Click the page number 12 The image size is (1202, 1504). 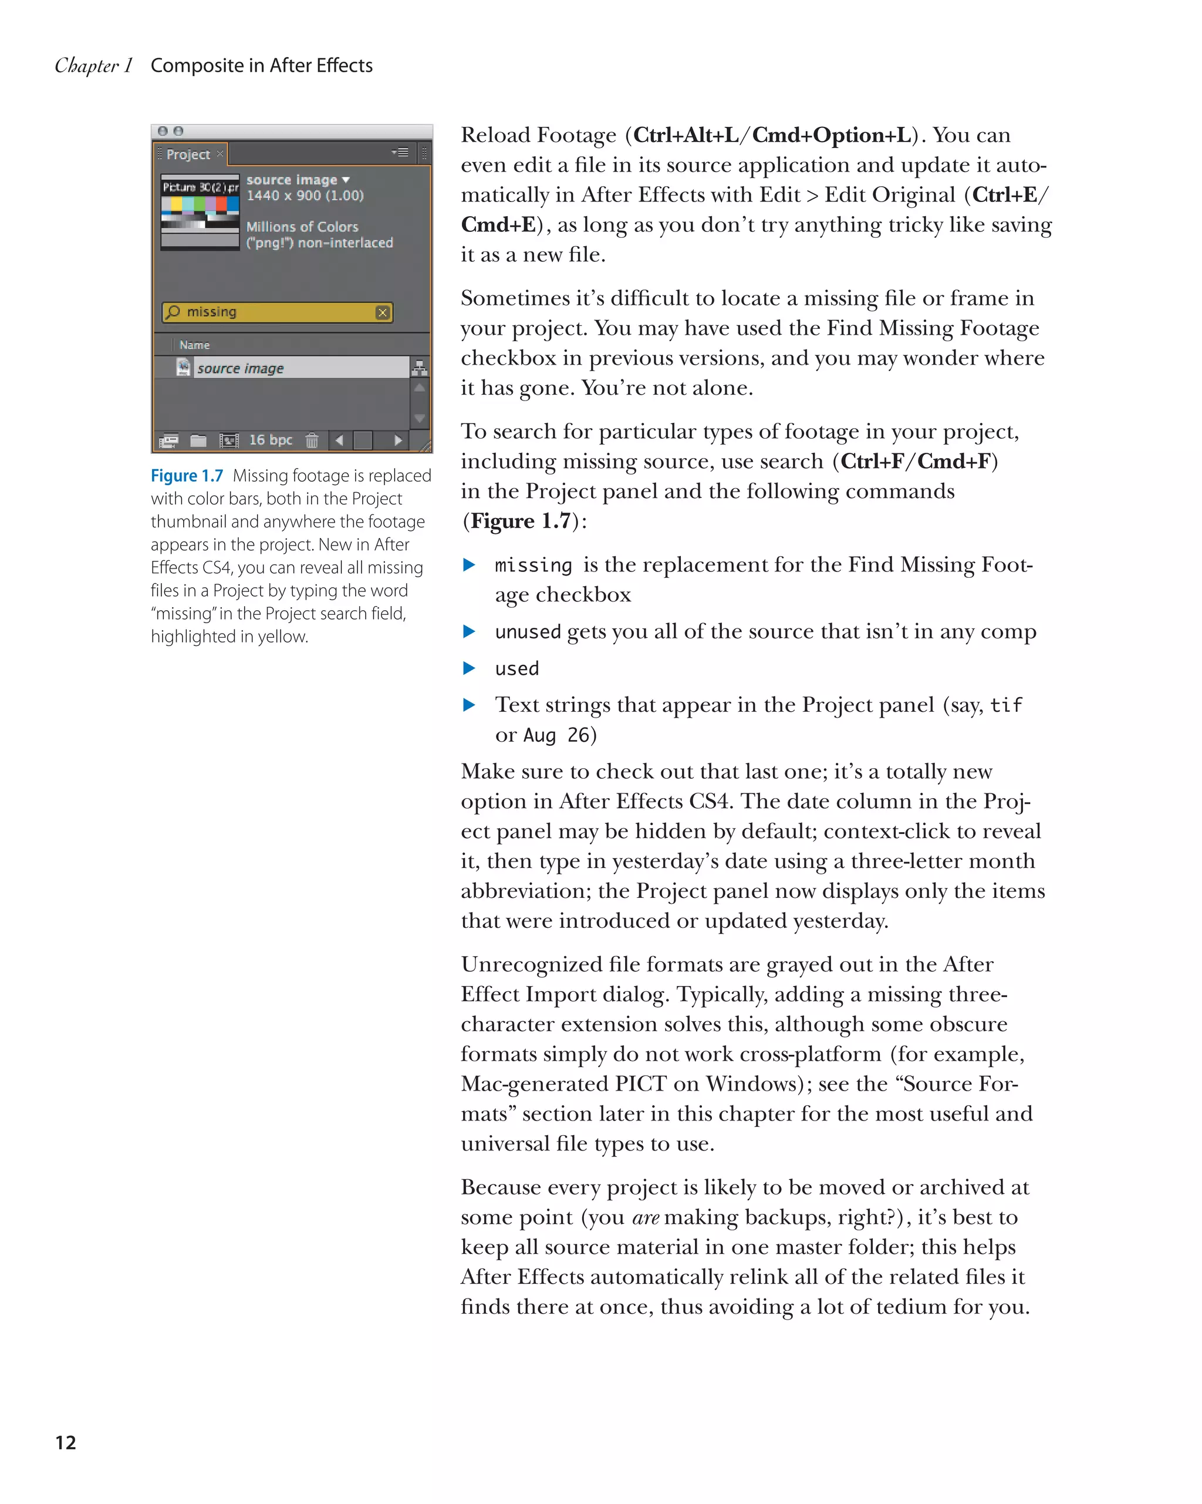click(66, 1442)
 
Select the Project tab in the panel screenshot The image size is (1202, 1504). click(188, 154)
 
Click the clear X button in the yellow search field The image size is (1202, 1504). click(382, 312)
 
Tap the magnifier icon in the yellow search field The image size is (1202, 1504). click(174, 312)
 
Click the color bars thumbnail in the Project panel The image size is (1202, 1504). click(200, 212)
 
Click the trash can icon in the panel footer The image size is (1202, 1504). click(312, 441)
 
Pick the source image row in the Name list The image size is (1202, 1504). click(240, 368)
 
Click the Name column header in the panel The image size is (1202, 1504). click(194, 345)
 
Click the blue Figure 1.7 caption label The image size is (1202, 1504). click(187, 476)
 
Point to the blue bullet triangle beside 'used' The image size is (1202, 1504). click(469, 668)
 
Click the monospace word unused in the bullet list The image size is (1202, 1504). click(528, 632)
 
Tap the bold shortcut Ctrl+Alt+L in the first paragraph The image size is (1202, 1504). click(686, 135)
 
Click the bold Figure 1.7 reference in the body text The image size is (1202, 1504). click(520, 521)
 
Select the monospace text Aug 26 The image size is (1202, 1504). click(556, 735)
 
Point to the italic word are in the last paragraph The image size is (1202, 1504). click(646, 1217)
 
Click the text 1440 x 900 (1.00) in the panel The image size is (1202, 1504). click(305, 196)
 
